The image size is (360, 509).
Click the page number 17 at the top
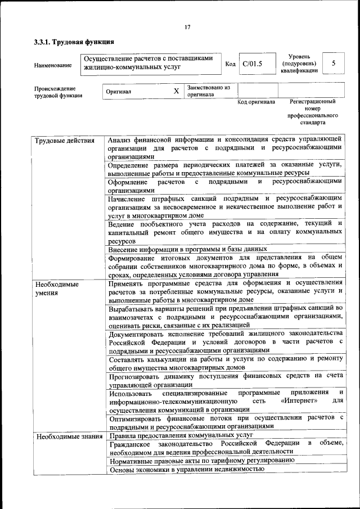pyautogui.click(x=187, y=26)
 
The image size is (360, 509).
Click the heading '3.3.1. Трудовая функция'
pyautogui.click(x=74, y=42)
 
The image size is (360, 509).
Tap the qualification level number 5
pyautogui.click(x=334, y=63)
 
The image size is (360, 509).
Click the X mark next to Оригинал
pyautogui.click(x=176, y=91)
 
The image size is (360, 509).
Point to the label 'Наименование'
pyautogui.click(x=53, y=65)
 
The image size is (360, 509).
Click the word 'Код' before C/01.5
pyautogui.click(x=230, y=64)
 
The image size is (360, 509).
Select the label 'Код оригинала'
pyautogui.click(x=256, y=102)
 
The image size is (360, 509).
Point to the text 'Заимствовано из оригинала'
pyautogui.click(x=209, y=91)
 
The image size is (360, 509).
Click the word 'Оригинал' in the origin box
pyautogui.click(x=119, y=91)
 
